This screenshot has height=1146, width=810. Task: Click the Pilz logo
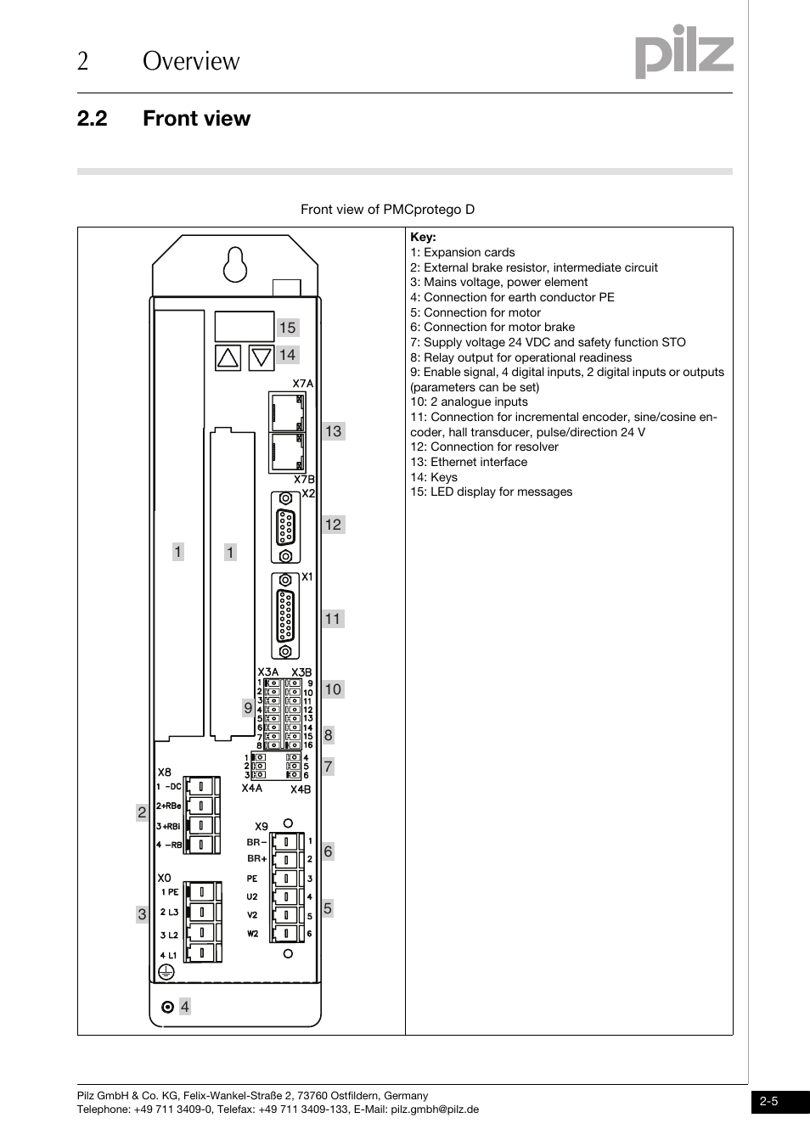[683, 53]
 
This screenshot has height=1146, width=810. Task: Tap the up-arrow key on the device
[228, 357]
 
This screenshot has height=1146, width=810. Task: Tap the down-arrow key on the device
[261, 357]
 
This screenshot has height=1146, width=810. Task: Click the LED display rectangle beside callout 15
[244, 327]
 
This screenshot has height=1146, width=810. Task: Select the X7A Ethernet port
[288, 412]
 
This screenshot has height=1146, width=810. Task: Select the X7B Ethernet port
[288, 452]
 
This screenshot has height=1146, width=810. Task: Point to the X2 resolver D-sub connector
[286, 527]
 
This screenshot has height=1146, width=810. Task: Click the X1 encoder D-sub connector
[286, 615]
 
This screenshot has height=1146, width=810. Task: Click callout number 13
[333, 431]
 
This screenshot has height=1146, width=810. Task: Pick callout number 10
[333, 689]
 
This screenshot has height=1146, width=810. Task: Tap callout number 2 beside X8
[142, 812]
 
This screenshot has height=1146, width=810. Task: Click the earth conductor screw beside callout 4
[167, 1007]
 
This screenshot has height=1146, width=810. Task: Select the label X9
[262, 826]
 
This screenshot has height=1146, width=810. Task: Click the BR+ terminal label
[256, 859]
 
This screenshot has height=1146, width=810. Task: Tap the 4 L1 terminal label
[169, 955]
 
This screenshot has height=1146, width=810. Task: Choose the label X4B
[301, 789]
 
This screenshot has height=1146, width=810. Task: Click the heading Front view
[196, 119]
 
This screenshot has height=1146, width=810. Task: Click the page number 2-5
[769, 1102]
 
